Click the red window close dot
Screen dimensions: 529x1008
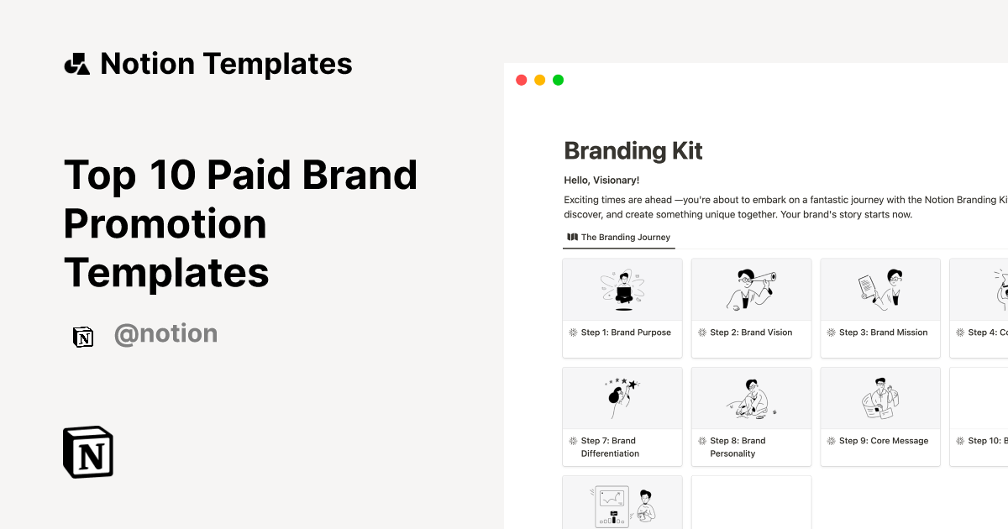[521, 80]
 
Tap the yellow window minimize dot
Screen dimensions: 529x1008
[539, 80]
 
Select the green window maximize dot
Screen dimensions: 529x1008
[558, 80]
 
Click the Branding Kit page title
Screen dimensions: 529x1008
[633, 151]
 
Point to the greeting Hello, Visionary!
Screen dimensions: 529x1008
[601, 180]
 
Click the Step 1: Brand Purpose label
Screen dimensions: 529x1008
[626, 333]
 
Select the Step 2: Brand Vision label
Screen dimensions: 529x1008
[751, 333]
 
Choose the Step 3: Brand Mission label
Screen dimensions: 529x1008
[883, 333]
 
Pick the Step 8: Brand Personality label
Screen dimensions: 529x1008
[738, 447]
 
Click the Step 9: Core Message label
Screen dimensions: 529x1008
[884, 441]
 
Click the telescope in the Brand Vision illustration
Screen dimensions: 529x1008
[763, 279]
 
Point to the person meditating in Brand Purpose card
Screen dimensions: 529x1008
[622, 289]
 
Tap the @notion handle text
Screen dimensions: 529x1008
[165, 334]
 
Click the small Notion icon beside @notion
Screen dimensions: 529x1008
[83, 336]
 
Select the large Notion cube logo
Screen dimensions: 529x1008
[88, 452]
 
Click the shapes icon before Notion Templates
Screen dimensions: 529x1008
[77, 64]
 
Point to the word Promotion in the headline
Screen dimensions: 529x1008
[165, 223]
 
